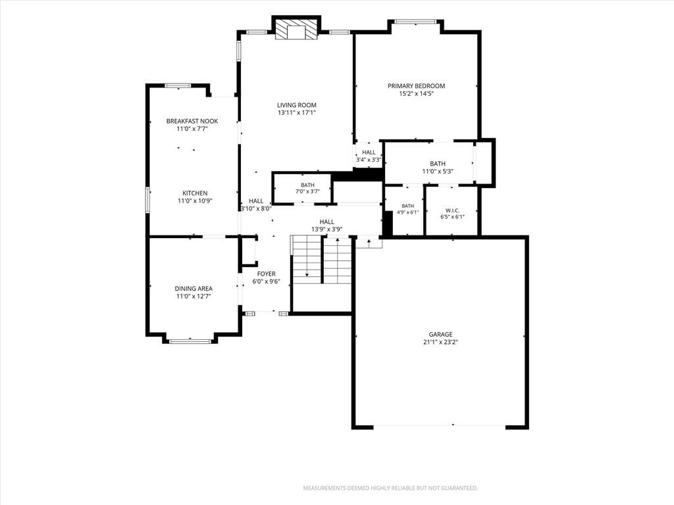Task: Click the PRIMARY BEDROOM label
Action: (x=416, y=86)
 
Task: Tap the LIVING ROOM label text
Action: (x=297, y=105)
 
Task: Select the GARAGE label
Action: (x=440, y=335)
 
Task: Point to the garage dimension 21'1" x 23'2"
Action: (x=440, y=342)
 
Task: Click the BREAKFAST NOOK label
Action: (x=192, y=121)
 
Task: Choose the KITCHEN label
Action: (x=195, y=193)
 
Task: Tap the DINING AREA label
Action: (x=194, y=289)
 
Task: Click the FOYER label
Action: (x=267, y=274)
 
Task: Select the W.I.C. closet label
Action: (x=452, y=210)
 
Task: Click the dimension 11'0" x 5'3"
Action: (x=438, y=172)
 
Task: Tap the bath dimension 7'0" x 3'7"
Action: (x=307, y=191)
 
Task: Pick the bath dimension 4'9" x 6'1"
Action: (x=407, y=212)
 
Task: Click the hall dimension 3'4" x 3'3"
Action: (x=369, y=160)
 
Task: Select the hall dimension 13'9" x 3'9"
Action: (x=326, y=229)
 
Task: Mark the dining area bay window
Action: (x=190, y=341)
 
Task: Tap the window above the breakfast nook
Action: (x=178, y=85)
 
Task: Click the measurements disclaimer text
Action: (x=390, y=489)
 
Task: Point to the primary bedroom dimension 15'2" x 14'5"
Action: (x=416, y=93)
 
